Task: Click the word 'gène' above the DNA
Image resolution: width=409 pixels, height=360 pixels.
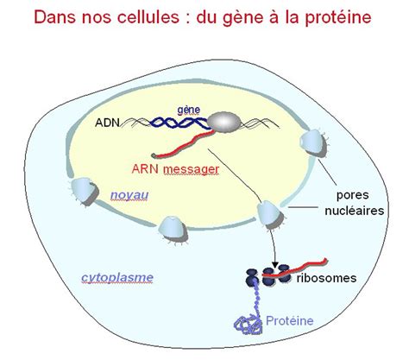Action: coord(188,110)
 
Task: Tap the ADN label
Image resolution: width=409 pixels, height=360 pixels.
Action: coord(107,123)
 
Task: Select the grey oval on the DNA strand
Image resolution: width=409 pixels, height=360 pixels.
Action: coord(224,123)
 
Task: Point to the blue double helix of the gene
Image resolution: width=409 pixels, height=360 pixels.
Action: coord(179,123)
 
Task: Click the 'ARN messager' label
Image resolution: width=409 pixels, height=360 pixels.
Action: coord(175,169)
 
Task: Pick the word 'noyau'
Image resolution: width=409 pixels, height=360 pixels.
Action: coord(129,195)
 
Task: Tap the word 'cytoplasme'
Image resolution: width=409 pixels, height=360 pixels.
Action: coord(117,277)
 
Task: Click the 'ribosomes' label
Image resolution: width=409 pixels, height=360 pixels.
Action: coord(326,278)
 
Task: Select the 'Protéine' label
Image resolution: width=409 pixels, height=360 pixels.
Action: coord(290,320)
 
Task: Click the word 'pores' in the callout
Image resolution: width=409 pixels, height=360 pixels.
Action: coord(353,195)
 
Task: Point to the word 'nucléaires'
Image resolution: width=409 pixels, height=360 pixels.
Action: coord(355,211)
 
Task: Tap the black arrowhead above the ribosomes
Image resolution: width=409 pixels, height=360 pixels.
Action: coord(275,265)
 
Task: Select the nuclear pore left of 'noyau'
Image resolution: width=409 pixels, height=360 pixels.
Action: coord(85,192)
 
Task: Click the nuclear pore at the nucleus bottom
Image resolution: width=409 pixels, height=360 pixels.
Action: coord(173,230)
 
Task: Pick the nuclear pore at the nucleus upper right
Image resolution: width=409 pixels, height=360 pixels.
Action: coord(313,143)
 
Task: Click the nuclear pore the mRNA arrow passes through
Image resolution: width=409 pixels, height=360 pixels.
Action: coord(270,215)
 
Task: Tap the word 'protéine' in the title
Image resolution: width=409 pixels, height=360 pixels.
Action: coord(338,17)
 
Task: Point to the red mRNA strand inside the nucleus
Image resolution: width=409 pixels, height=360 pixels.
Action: coord(184,144)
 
